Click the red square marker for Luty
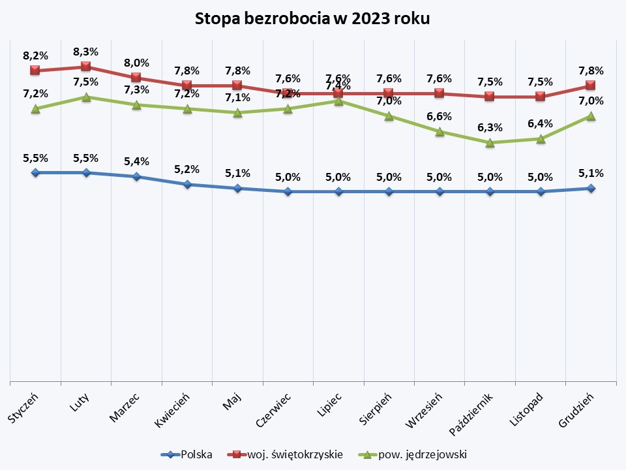[x=85, y=67]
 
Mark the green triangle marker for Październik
[x=490, y=142]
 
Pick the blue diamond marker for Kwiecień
[x=186, y=184]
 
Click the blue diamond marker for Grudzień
[x=591, y=188]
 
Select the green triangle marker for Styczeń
[x=35, y=108]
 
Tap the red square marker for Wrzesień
[x=440, y=93]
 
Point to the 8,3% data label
[x=85, y=51]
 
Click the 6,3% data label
[x=490, y=127]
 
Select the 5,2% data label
[x=186, y=169]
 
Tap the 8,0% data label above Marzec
[x=136, y=63]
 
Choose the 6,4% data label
[x=541, y=123]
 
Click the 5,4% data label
[x=136, y=161]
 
